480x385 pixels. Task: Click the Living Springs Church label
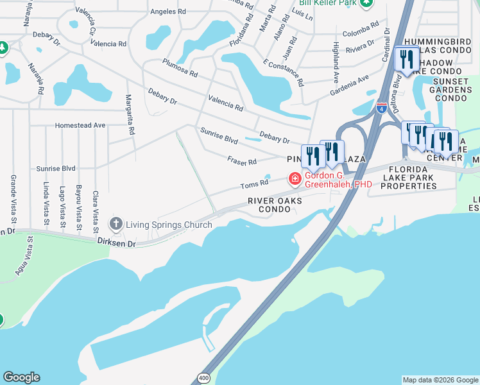coord(169,225)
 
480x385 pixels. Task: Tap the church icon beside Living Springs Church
coord(116,224)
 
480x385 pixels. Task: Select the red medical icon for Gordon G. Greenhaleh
coord(295,178)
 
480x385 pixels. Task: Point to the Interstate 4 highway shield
coord(381,108)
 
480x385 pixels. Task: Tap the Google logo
coord(21,377)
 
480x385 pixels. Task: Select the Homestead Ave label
coord(80,126)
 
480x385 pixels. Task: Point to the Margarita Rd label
coord(130,122)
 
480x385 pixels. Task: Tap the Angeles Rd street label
coord(167,12)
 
